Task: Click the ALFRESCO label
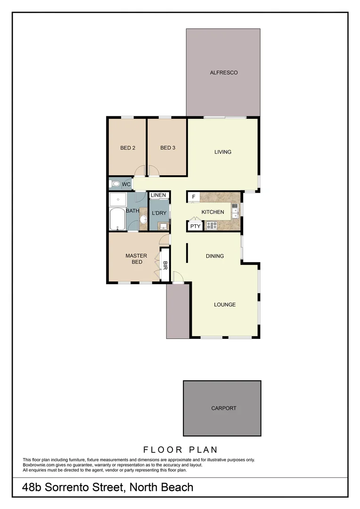coord(224,73)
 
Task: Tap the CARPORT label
coord(224,408)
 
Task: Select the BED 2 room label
coord(128,148)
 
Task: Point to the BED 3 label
coord(168,148)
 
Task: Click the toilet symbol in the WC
coord(115,184)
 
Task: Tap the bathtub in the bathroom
coord(117,218)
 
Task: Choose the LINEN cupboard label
coord(158,195)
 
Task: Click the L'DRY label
coord(158,213)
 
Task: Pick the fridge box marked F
coord(193,197)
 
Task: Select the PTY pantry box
coord(195,226)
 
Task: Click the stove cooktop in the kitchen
coord(212,226)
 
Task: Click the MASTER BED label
coord(136,259)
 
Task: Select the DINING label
coord(215,256)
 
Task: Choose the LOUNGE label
coord(225,304)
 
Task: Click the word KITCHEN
coord(213,212)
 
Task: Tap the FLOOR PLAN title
coord(180,449)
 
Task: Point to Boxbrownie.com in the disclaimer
coord(40,465)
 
